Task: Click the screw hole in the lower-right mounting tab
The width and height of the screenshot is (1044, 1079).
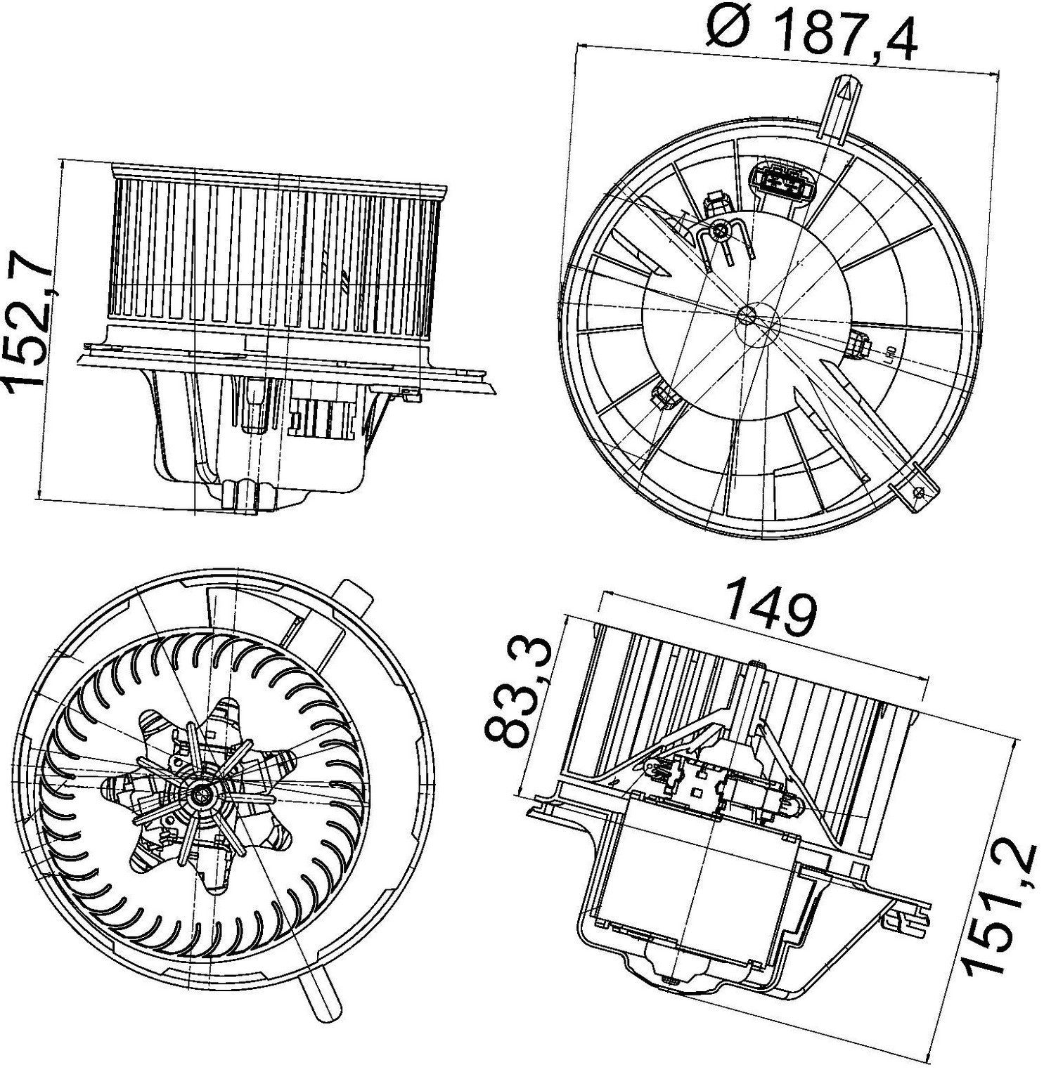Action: point(917,492)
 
